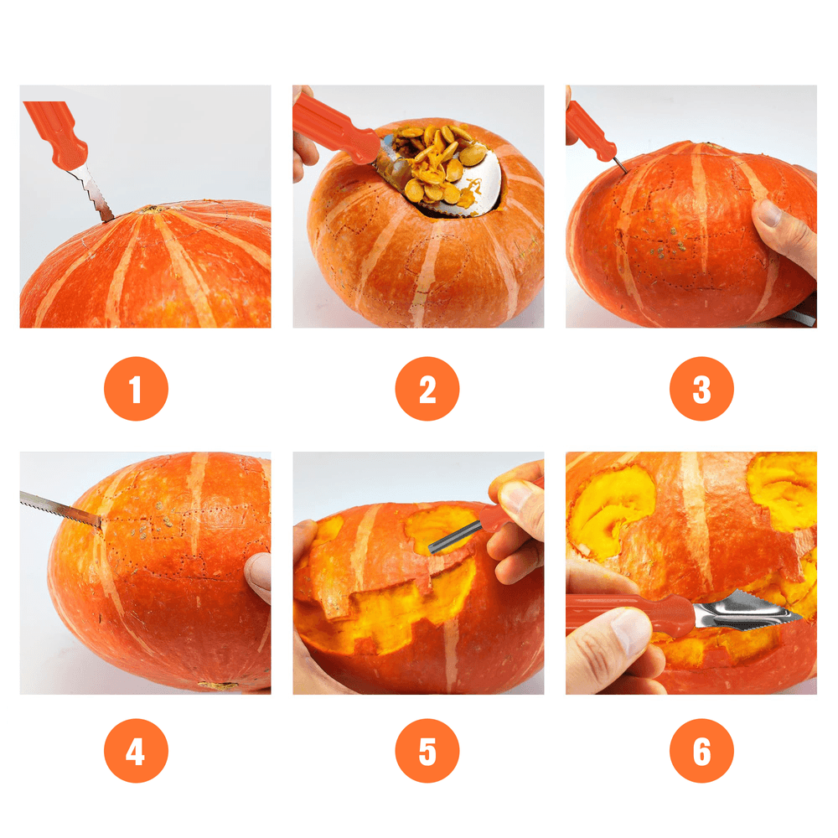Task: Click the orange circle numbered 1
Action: coord(136,389)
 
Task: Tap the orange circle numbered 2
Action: coord(427,389)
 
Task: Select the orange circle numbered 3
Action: coord(701,389)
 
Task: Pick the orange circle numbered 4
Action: coord(136,750)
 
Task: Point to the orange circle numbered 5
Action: coord(427,750)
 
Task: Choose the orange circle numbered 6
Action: coord(701,750)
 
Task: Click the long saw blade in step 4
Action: coord(60,510)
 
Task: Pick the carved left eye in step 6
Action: coord(609,511)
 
